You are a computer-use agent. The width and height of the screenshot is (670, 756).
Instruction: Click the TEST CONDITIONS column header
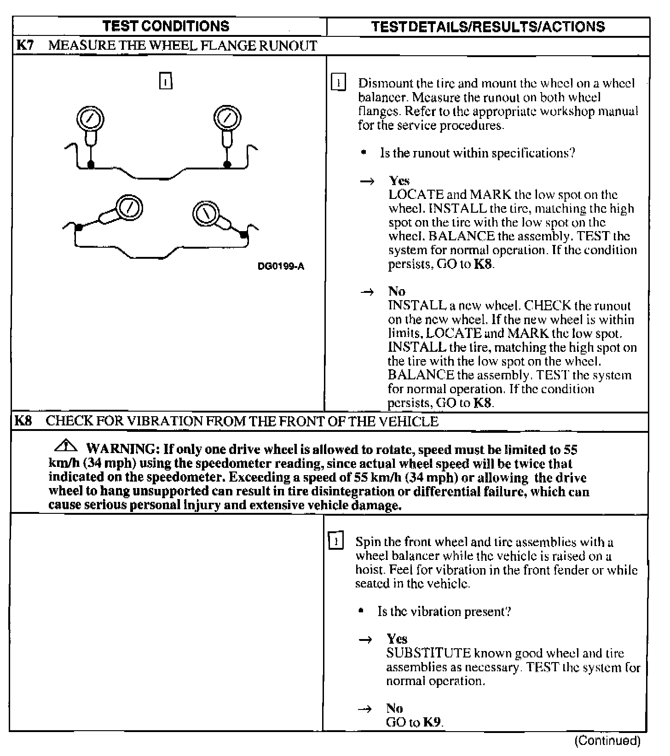coord(166,26)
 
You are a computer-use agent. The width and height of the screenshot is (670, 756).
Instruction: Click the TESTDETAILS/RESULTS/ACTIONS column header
coord(488,27)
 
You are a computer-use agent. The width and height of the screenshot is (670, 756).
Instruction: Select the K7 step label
coord(25,46)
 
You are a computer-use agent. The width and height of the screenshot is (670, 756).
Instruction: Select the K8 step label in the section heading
coord(23,421)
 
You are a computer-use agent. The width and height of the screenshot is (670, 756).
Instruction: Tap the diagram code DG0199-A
coord(281,266)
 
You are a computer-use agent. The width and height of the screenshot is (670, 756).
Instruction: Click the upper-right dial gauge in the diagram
coord(227,118)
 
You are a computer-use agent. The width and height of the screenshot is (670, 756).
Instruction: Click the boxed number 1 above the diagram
coord(165,81)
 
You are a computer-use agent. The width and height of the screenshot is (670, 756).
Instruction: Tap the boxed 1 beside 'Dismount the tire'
coord(338,83)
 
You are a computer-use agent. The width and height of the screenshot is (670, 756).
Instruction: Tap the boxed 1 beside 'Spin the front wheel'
coord(336,541)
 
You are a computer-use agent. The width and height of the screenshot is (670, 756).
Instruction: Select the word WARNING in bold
coord(120,449)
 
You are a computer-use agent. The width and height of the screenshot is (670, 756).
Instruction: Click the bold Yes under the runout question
coord(399,180)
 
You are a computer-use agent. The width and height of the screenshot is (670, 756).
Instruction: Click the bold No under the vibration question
coord(394,708)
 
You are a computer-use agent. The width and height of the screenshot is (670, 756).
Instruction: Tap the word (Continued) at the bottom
coord(607,741)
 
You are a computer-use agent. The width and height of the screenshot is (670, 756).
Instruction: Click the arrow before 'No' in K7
coord(367,292)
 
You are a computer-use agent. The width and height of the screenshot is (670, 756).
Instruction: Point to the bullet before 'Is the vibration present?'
coord(362,611)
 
